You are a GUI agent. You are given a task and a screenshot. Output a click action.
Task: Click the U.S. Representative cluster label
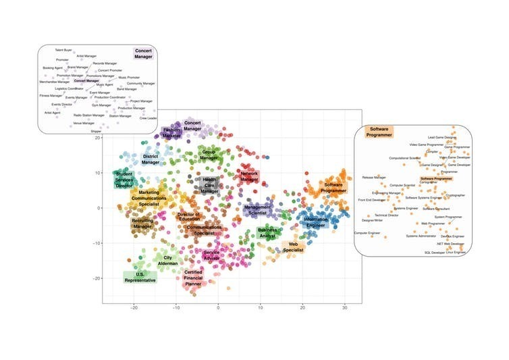pos(140,276)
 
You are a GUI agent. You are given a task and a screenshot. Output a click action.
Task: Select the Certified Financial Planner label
pos(194,278)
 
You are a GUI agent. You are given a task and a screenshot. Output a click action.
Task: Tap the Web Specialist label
pos(293,247)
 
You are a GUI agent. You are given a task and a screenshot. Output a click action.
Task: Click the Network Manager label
pos(250,177)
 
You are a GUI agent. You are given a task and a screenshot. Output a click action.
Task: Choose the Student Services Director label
pos(126,179)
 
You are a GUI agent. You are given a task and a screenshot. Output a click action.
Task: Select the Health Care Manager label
pos(210,184)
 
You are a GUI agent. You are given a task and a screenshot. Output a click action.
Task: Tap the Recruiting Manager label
pos(142,223)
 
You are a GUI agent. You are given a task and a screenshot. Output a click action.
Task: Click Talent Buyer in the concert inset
pos(63,50)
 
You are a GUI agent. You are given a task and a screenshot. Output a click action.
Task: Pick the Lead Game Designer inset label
pos(441,137)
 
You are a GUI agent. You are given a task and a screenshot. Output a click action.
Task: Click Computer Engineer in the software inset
pos(367,233)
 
